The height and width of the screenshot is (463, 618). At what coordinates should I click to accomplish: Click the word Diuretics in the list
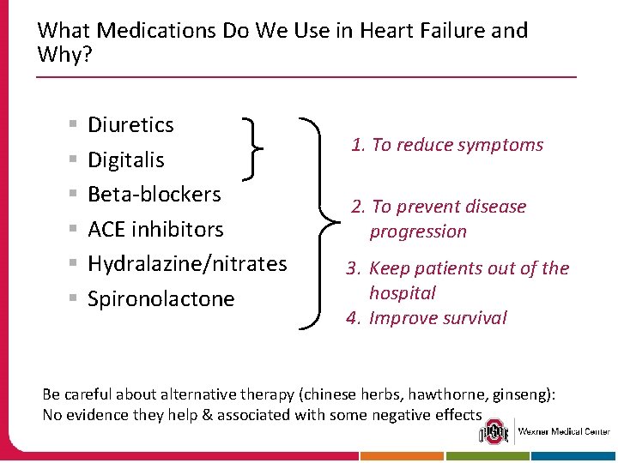tap(130, 125)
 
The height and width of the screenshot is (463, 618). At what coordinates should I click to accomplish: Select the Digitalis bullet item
tap(126, 160)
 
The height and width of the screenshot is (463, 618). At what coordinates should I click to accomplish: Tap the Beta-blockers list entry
tap(154, 195)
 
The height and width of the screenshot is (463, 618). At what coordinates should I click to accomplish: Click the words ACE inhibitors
tap(155, 230)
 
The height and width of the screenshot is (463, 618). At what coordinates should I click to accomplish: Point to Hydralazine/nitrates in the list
tap(187, 264)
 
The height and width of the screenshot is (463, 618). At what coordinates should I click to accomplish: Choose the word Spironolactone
tap(161, 299)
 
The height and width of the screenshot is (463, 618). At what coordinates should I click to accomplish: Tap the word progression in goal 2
tap(418, 231)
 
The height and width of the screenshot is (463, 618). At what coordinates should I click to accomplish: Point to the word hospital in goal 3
tap(403, 293)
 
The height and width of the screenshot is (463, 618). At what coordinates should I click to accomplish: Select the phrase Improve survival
tap(438, 318)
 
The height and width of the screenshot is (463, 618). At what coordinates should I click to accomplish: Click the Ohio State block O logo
tap(494, 431)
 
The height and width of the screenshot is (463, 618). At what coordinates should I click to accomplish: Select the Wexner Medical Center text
tap(563, 431)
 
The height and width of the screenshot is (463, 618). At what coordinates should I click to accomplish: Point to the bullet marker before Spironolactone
tap(76, 299)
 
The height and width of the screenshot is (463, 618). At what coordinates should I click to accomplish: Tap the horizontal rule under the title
tap(306, 77)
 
